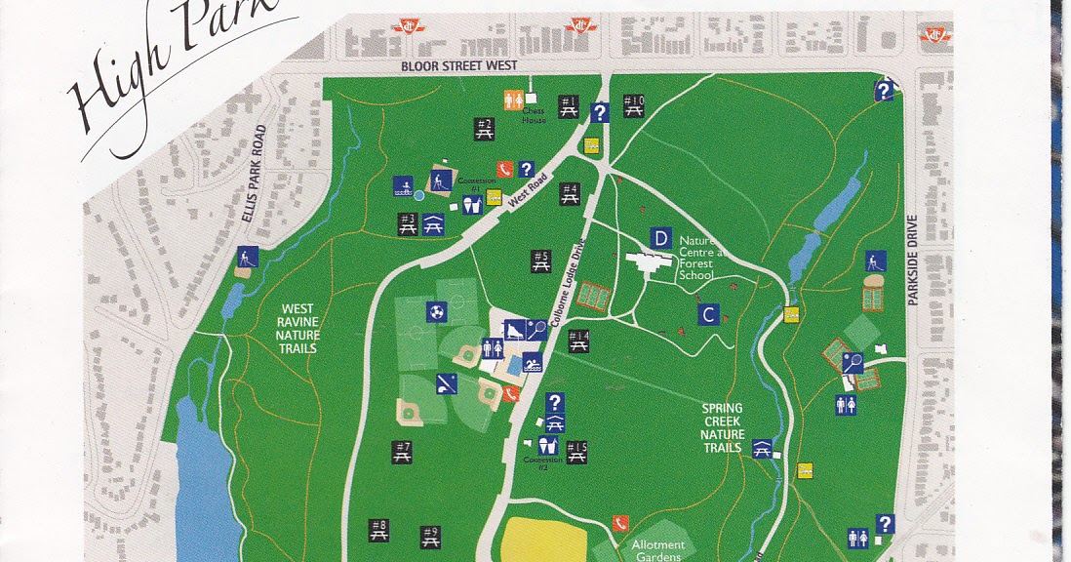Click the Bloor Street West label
click(x=458, y=65)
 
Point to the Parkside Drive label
click(x=914, y=261)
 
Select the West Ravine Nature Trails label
click(x=298, y=328)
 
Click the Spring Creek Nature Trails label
click(x=722, y=427)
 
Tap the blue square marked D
click(x=660, y=239)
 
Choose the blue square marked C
click(x=709, y=314)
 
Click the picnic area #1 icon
click(x=569, y=106)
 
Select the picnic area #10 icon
click(x=633, y=105)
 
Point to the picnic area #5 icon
click(x=541, y=261)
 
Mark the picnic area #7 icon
click(x=402, y=452)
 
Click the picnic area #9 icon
click(x=430, y=536)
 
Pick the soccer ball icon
click(x=436, y=312)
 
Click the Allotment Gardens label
click(x=657, y=550)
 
